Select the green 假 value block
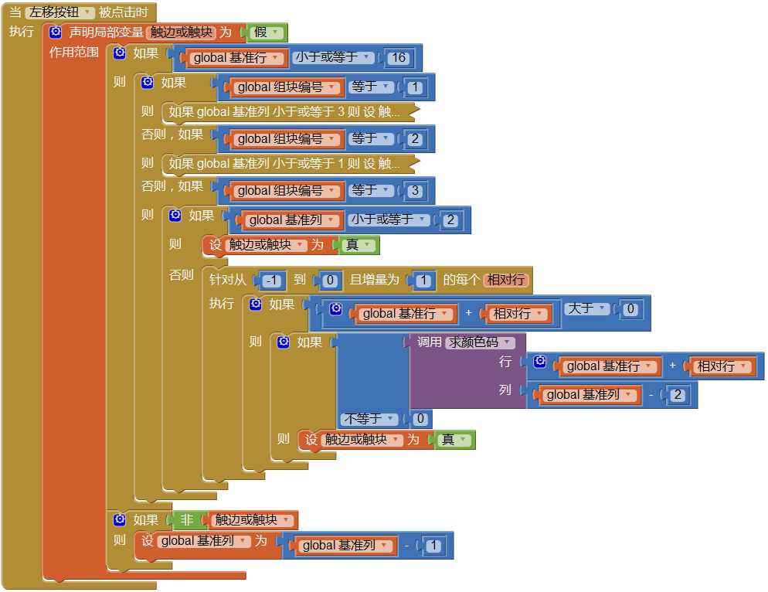[265, 32]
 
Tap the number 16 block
[399, 58]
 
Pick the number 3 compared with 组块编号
[416, 191]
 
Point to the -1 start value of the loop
[273, 281]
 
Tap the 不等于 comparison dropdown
[369, 419]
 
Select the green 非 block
[186, 520]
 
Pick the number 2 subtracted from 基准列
[677, 395]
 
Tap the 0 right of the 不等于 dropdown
[420, 419]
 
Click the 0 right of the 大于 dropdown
[630, 309]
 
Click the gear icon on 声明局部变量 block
[56, 32]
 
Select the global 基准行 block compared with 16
[234, 58]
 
